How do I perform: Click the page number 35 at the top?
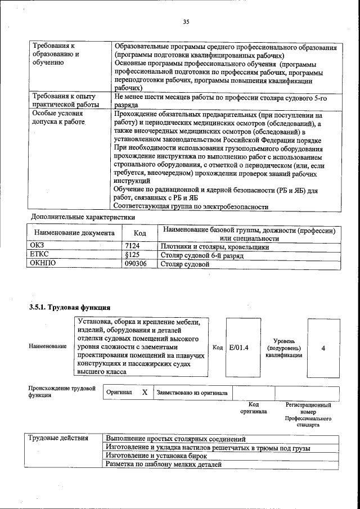[x=186, y=22]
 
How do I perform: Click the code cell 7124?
[x=132, y=246]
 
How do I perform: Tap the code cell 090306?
[x=135, y=263]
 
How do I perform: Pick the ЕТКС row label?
[x=39, y=255]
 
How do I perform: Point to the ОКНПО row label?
[x=42, y=263]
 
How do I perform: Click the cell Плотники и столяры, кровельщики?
[x=214, y=246]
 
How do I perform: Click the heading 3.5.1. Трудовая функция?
[x=69, y=307]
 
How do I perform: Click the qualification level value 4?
[x=323, y=348]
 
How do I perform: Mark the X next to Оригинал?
[x=145, y=393]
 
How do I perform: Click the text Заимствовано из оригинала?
[x=192, y=393]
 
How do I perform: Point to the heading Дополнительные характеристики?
[x=82, y=217]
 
